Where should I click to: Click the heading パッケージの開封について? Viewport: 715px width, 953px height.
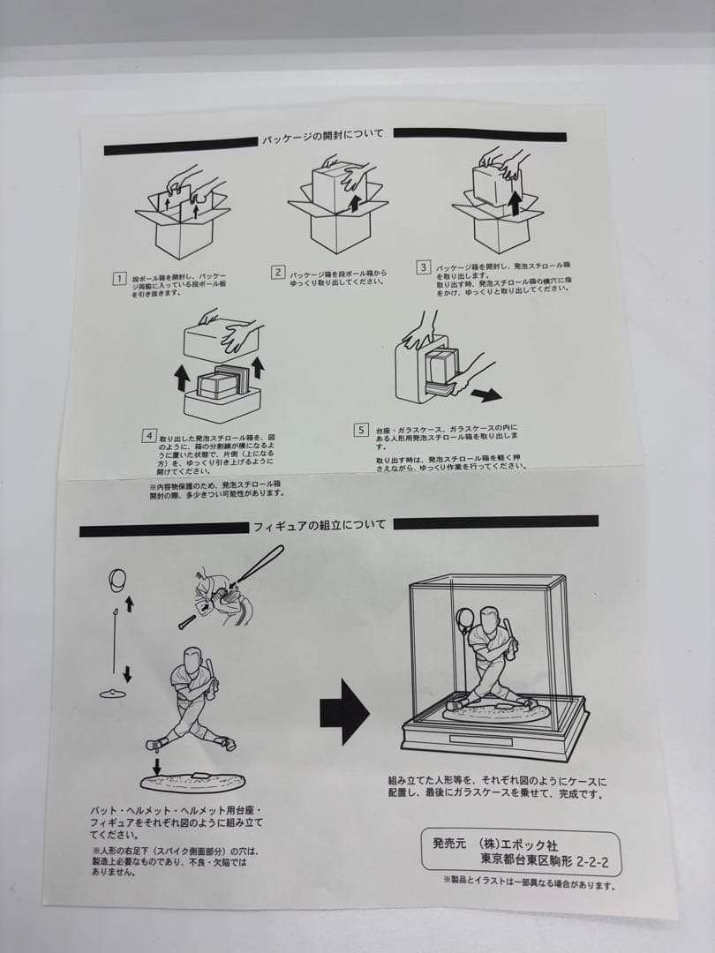tap(322, 138)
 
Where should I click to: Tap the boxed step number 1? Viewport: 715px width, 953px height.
tap(118, 280)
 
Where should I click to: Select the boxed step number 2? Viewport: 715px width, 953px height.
tap(277, 273)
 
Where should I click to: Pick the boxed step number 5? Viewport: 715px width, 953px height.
tap(360, 430)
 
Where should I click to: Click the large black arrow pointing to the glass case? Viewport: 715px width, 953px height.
tap(343, 711)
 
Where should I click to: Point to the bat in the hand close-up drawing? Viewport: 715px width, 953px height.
tap(256, 565)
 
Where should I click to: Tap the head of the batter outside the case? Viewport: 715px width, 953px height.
tap(193, 658)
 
